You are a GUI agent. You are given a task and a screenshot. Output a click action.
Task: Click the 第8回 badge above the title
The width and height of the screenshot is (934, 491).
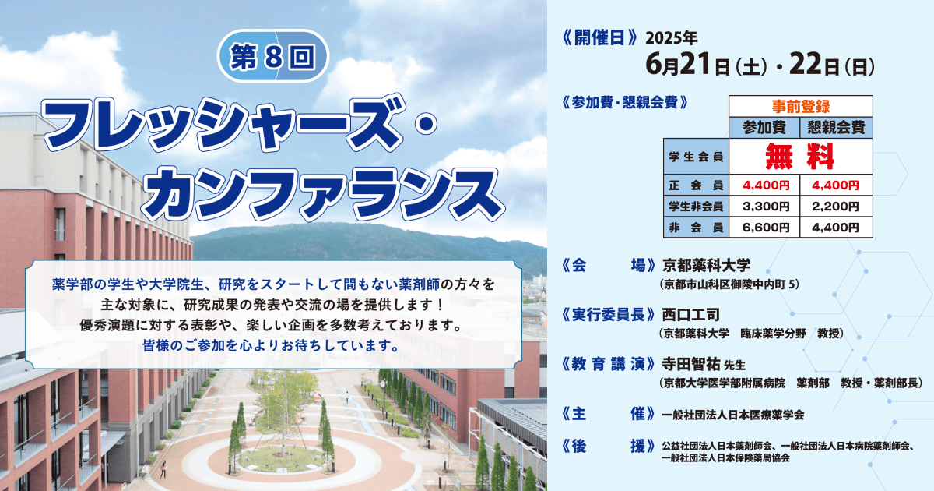pyautogui.click(x=273, y=56)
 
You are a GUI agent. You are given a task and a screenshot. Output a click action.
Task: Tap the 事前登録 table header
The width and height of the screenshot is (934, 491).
pyautogui.click(x=801, y=107)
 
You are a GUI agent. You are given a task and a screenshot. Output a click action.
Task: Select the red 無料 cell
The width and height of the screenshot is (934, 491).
pyautogui.click(x=801, y=156)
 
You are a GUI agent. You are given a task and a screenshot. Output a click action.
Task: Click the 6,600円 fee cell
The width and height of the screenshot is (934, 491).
pyautogui.click(x=764, y=227)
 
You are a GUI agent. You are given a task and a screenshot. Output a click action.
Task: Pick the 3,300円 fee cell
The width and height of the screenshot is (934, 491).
pyautogui.click(x=764, y=207)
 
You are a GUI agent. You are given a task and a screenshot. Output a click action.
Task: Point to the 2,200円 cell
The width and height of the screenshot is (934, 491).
pyautogui.click(x=836, y=207)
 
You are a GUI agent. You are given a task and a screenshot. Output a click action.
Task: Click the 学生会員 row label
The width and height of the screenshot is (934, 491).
pyautogui.click(x=696, y=157)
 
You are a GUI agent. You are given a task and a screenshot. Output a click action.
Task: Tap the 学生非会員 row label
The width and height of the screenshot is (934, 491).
pyautogui.click(x=696, y=207)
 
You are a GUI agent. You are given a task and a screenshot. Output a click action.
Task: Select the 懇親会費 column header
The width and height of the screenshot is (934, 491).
pyautogui.click(x=836, y=127)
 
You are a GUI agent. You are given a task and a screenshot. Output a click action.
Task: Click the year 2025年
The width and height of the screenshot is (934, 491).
pyautogui.click(x=671, y=38)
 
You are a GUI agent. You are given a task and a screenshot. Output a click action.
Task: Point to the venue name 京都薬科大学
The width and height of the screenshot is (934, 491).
pyautogui.click(x=707, y=265)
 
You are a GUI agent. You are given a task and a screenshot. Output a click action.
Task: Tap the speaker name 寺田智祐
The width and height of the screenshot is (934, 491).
pyautogui.click(x=691, y=365)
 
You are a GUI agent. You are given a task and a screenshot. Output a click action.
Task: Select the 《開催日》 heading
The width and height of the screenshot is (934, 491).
pyautogui.click(x=599, y=38)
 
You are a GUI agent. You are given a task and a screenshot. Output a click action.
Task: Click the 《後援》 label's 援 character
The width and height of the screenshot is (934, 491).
pyautogui.click(x=637, y=447)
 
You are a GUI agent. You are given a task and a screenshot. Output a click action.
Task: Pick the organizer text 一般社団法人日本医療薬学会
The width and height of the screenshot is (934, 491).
pyautogui.click(x=732, y=415)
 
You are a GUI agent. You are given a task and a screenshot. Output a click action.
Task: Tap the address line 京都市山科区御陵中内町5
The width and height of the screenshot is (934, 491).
pyautogui.click(x=729, y=284)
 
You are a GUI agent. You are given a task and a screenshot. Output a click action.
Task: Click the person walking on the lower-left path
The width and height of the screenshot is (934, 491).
pyautogui.click(x=163, y=469)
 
